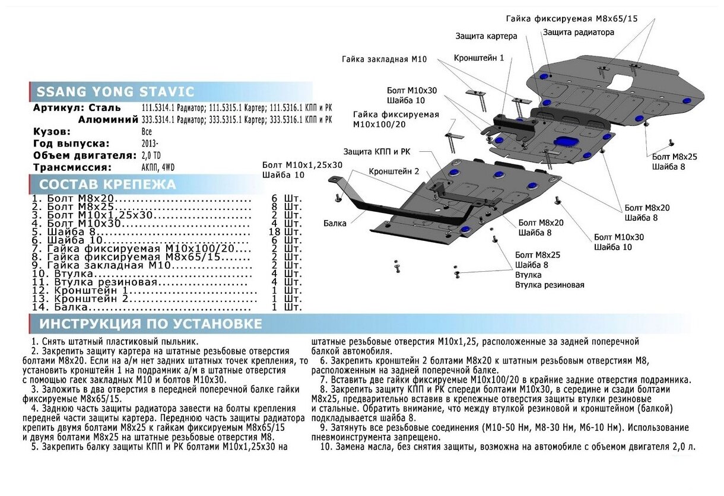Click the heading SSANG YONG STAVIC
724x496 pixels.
click(115, 92)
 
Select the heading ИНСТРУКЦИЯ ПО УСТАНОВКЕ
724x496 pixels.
click(150, 324)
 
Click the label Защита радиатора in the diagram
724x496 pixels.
click(578, 33)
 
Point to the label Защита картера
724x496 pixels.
click(486, 36)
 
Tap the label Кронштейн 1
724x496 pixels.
click(479, 58)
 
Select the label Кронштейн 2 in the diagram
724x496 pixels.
click(394, 171)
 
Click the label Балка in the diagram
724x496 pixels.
click(335, 224)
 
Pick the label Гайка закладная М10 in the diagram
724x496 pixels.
click(384, 59)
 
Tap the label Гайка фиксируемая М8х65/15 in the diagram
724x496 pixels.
click(571, 18)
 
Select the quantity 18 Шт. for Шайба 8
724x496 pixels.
click(285, 231)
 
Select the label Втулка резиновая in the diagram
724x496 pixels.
click(550, 285)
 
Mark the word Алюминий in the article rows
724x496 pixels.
click(100, 119)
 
